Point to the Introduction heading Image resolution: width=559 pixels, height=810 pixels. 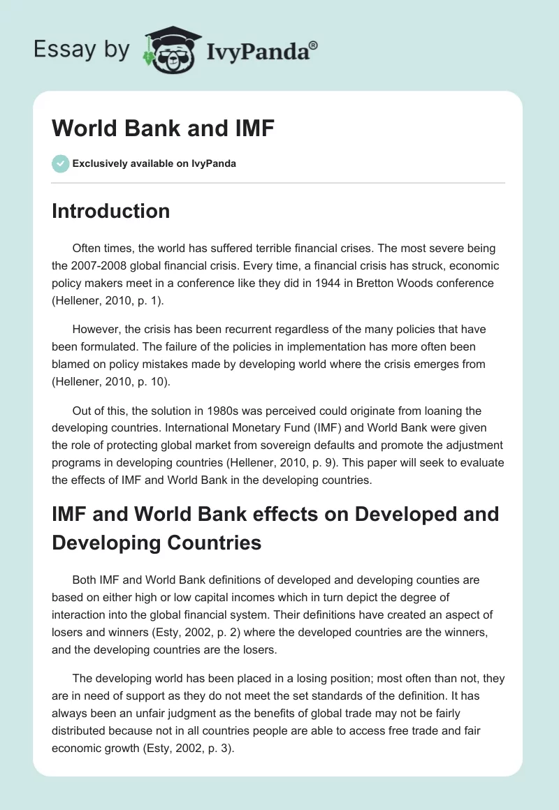(110, 211)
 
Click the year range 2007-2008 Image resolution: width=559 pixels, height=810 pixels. (101, 266)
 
